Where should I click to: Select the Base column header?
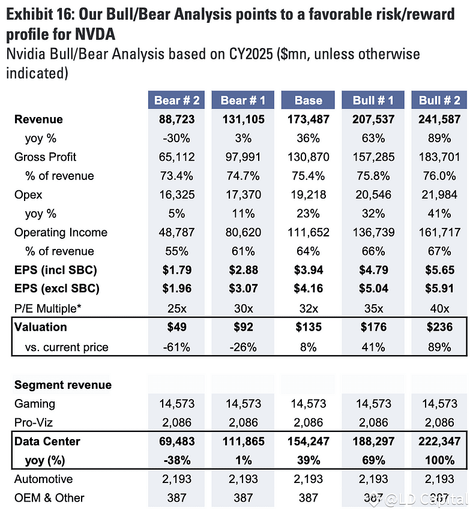click(309, 100)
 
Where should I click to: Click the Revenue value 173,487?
click(309, 119)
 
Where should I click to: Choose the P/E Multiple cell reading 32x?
click(309, 308)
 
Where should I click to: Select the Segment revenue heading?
click(63, 385)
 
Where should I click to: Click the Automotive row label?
click(43, 479)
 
